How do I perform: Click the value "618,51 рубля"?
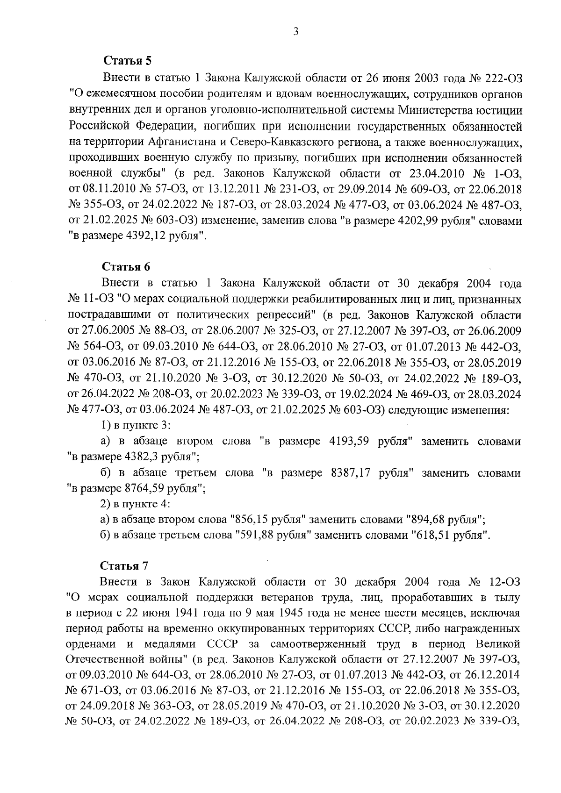coord(450,536)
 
